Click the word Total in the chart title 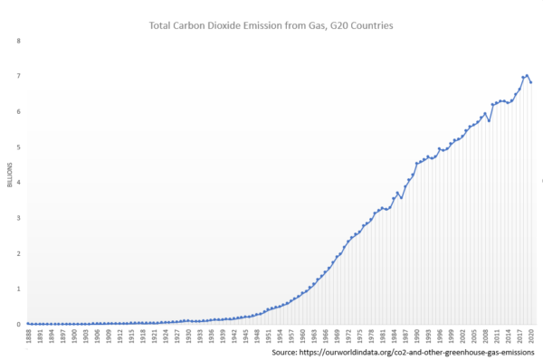point(163,26)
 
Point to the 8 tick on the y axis point(19,41)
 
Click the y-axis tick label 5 point(19,147)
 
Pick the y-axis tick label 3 point(19,218)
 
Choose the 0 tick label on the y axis point(19,324)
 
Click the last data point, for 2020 point(531,82)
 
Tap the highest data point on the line point(527,75)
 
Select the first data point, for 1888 point(28,323)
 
